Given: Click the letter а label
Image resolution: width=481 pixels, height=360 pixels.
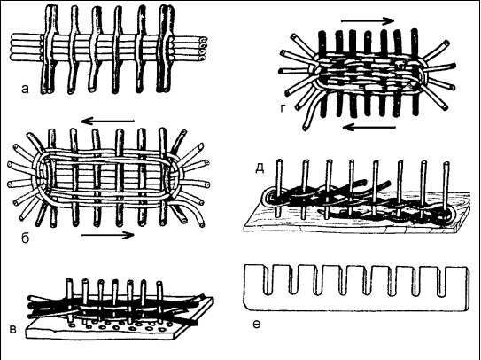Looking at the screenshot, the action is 25,89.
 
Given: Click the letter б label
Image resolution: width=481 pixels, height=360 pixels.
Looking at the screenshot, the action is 25,238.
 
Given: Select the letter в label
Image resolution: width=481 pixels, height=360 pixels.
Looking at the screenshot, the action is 13,329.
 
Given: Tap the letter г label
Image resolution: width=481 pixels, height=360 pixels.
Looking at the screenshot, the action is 283,108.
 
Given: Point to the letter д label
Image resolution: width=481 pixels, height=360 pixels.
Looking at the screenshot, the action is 260,168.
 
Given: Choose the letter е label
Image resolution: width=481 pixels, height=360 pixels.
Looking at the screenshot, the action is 257,324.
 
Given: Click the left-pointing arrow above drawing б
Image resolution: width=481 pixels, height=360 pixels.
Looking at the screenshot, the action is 108,121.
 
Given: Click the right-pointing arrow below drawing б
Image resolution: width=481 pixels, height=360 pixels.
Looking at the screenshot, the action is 108,235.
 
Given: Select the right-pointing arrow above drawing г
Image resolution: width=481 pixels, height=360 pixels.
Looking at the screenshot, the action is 368,21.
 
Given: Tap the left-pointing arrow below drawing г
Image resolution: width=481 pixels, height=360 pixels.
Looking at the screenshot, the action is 369,127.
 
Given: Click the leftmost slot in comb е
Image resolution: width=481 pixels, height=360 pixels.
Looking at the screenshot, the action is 268,279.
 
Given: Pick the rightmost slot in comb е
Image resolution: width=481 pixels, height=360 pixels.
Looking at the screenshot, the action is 441,281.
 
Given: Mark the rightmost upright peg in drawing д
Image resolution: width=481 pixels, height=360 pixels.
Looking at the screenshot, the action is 446,192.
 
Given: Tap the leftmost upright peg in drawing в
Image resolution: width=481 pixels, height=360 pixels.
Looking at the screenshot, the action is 70,296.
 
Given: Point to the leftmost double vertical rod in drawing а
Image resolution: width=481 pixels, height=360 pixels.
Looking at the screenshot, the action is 49,49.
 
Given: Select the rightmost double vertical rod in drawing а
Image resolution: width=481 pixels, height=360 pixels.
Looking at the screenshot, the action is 166,49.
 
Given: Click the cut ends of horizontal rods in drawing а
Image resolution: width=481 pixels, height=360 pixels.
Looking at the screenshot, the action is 203,49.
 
